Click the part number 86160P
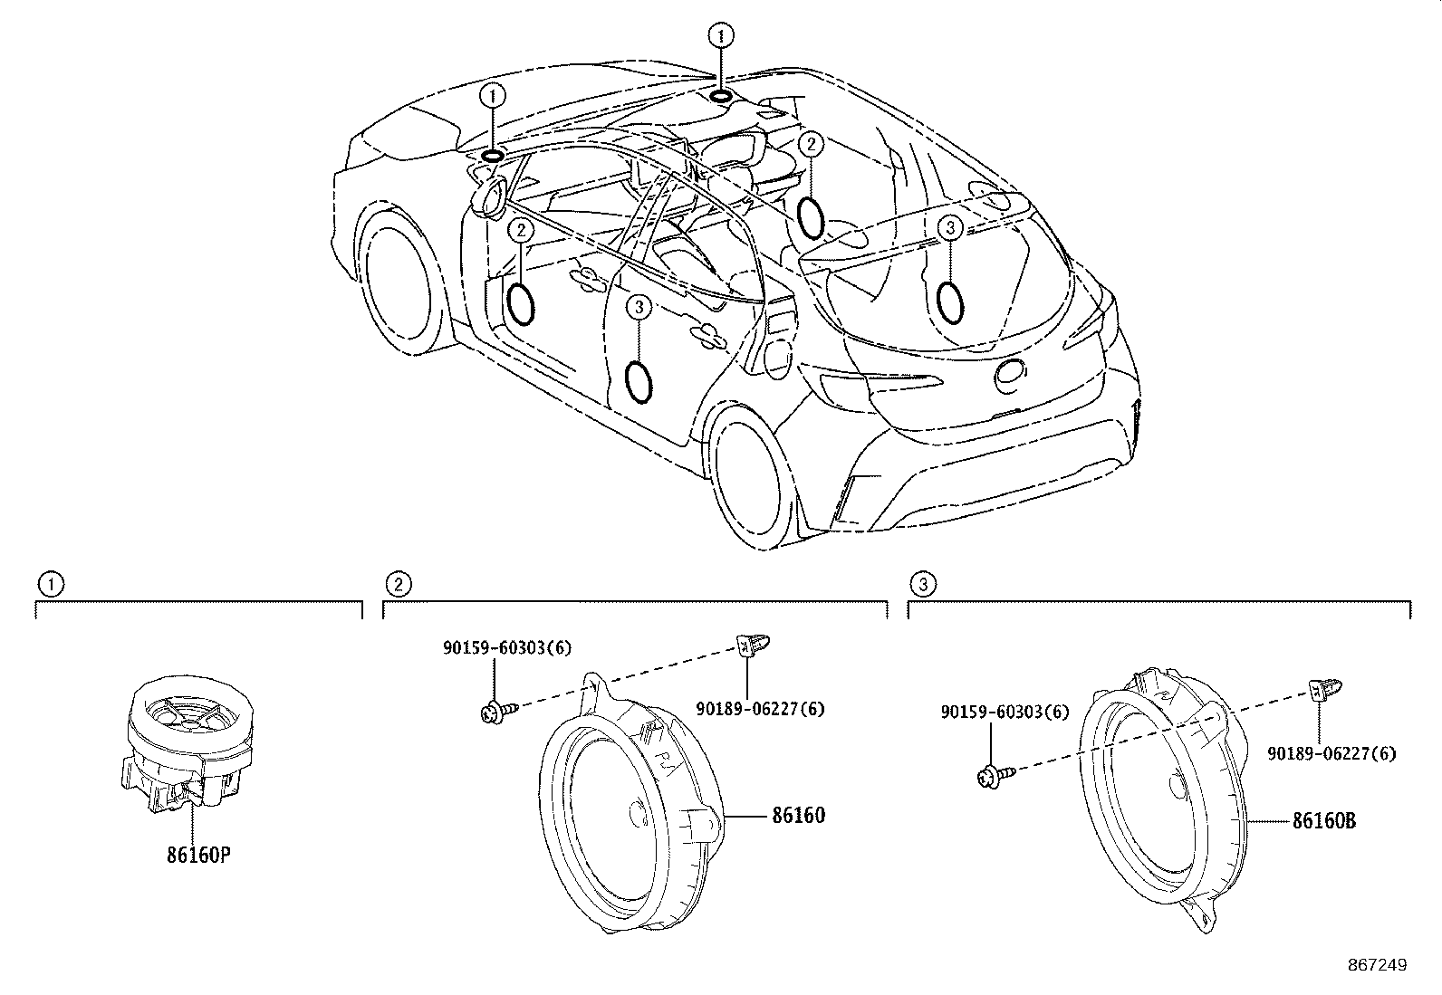198,855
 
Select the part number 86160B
1324,820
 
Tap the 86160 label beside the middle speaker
798,816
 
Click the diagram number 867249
1378,965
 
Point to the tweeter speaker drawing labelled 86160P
187,742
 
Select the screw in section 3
995,777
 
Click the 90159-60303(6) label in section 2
506,647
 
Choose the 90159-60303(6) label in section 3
1005,712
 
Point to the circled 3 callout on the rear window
950,227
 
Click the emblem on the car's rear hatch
1010,375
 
